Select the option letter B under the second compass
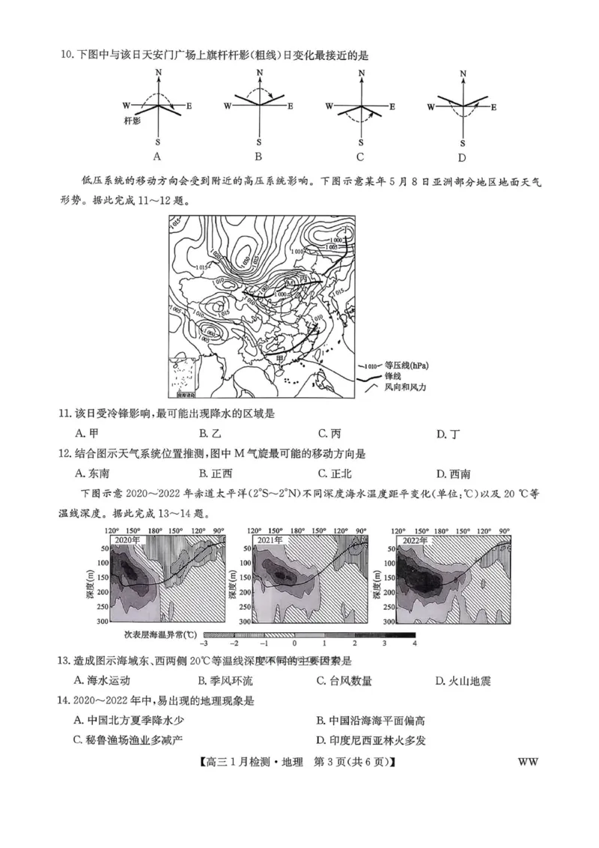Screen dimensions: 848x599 pos(258,157)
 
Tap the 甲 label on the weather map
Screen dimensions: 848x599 pos(280,359)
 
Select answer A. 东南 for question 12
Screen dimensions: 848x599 pos(93,473)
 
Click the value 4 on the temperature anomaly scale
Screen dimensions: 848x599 pos(413,643)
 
